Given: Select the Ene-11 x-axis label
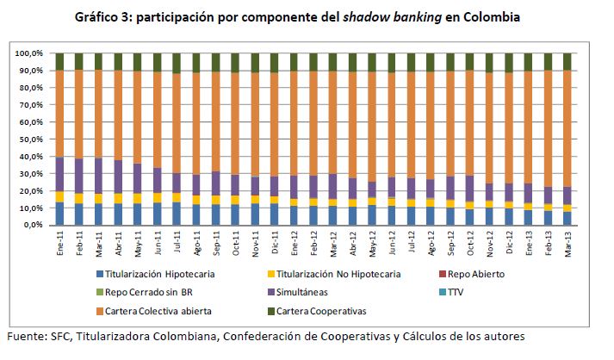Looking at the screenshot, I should point(59,244).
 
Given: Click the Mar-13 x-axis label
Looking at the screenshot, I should point(567,244).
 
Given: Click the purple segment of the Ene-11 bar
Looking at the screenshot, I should point(59,173).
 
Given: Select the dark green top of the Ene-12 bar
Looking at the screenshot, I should point(294,62).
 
